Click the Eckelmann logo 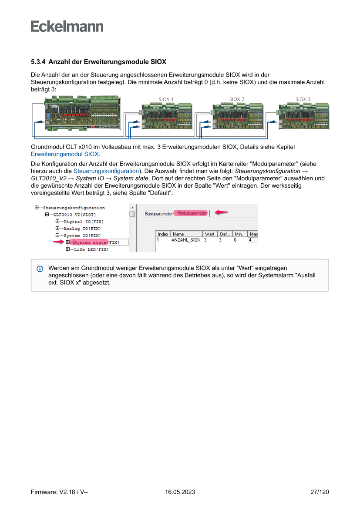click(67, 27)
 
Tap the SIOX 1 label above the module click(166, 99)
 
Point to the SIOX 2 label click(237, 99)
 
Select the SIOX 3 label click(303, 99)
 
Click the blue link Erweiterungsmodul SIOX click(65, 154)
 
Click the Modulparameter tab click(192, 213)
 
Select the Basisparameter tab click(158, 214)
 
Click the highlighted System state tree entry click(91, 242)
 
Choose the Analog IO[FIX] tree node click(82, 229)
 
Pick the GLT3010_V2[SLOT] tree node click(74, 215)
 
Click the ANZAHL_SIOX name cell click(186, 240)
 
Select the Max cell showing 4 click(250, 240)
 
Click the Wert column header click(209, 234)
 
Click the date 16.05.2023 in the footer click(180, 492)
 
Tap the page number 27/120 click(320, 492)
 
